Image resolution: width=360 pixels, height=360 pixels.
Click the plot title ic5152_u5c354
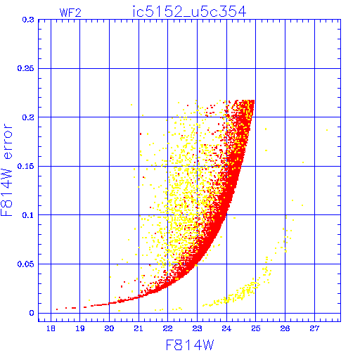[189, 11]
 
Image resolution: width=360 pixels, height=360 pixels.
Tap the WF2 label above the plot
[70, 13]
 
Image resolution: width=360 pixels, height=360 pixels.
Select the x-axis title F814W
[190, 345]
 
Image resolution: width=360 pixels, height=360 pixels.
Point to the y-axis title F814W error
[6, 169]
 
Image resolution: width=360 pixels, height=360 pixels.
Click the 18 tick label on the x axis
[51, 328]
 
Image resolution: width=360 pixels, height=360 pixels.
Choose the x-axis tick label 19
[80, 328]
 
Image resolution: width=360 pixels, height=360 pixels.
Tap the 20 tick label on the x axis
[109, 328]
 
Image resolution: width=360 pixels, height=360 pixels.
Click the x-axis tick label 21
[139, 328]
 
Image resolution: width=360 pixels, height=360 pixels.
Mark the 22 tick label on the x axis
[168, 328]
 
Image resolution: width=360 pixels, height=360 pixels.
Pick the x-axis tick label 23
[197, 328]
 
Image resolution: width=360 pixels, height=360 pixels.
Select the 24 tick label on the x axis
[226, 328]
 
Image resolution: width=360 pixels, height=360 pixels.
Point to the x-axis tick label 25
[256, 328]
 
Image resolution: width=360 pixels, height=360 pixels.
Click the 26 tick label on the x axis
[285, 328]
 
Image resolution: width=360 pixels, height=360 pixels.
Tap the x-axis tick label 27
[314, 328]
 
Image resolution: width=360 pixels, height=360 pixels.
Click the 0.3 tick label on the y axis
[28, 20]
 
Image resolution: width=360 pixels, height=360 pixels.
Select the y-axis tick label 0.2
[28, 117]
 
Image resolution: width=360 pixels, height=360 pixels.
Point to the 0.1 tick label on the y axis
[28, 215]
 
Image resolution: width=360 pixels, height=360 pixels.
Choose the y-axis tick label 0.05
[25, 264]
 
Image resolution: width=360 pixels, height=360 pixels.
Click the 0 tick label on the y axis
[32, 313]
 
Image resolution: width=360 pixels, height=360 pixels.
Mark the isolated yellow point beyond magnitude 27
[327, 130]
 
